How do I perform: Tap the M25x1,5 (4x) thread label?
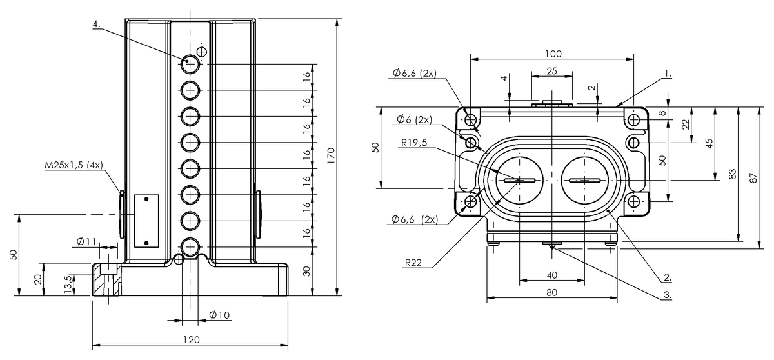[72, 166]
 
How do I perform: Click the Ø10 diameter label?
[220, 315]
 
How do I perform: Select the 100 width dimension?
[553, 53]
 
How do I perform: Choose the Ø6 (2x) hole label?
[413, 120]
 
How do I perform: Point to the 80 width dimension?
[552, 292]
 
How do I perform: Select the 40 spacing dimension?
[552, 275]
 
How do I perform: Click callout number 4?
[96, 24]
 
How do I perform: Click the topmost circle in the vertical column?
[191, 64]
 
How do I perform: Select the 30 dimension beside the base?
[307, 270]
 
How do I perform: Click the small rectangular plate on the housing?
[146, 220]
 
